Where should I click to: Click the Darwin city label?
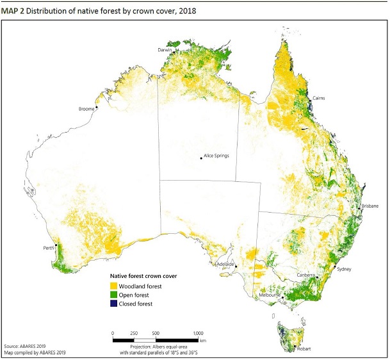click(x=165, y=49)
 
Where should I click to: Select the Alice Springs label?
click(x=216, y=156)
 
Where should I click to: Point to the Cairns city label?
click(x=320, y=98)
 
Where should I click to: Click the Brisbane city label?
click(x=370, y=206)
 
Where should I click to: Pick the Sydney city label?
click(x=345, y=270)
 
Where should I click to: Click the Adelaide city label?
click(x=225, y=264)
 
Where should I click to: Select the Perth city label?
click(x=48, y=247)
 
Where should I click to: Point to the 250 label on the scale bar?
click(x=134, y=333)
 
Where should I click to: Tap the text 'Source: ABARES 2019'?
click(x=27, y=345)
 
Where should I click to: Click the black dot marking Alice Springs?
click(x=201, y=158)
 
